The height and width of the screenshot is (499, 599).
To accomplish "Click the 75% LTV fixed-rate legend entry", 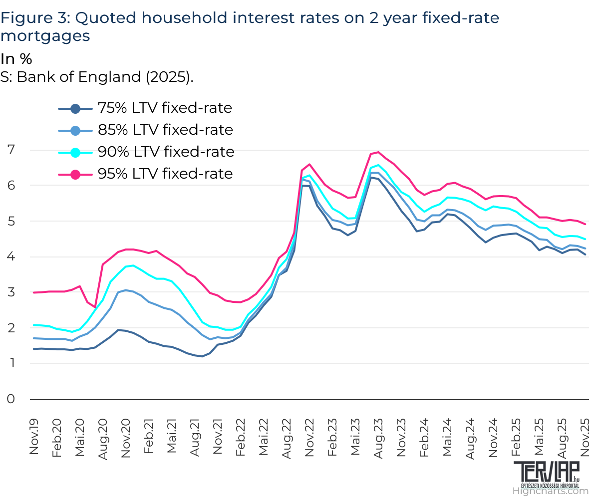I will click(x=145, y=108).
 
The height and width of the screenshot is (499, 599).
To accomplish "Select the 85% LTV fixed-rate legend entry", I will click(x=145, y=130).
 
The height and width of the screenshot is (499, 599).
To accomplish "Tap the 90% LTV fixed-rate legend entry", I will click(x=145, y=152).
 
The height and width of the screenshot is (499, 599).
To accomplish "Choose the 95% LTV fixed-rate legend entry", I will click(x=145, y=174).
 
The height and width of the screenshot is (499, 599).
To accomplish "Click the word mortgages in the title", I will click(x=45, y=36).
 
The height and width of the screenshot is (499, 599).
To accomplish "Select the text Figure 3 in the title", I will click(x=35, y=18).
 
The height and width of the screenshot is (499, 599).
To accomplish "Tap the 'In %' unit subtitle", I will click(x=16, y=59).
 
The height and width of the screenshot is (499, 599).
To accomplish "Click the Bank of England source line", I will click(x=97, y=77).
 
